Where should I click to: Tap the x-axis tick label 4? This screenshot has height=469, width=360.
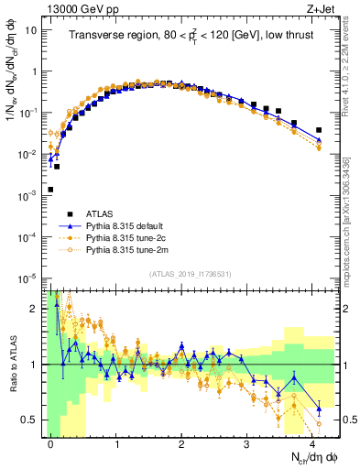(x=313, y=442)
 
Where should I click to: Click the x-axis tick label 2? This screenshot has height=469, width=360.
(x=182, y=442)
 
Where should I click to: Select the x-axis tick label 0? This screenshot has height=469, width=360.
(x=51, y=442)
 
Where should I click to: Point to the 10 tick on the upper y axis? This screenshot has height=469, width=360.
(x=30, y=30)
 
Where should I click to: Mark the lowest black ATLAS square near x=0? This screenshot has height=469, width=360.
(x=50, y=190)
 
